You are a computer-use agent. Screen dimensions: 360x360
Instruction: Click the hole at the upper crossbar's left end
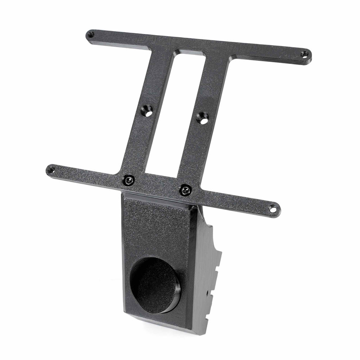click(x=91, y=34)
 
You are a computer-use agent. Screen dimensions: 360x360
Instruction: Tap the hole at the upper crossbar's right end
click(x=304, y=54)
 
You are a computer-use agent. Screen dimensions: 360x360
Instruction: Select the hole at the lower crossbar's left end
click(x=51, y=170)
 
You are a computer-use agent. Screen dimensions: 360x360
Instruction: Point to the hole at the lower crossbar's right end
click(x=273, y=209)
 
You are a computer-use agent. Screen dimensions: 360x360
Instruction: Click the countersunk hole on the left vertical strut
click(x=147, y=112)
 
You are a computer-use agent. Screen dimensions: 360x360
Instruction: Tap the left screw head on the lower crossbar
click(x=129, y=180)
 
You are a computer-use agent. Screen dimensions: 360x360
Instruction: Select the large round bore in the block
click(x=155, y=285)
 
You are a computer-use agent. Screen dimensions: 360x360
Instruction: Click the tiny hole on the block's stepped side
click(x=207, y=292)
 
